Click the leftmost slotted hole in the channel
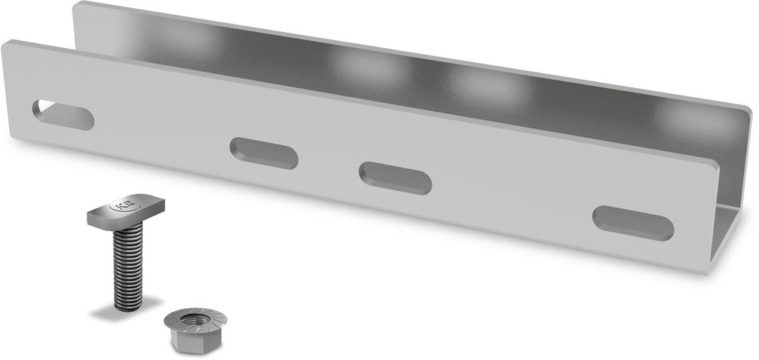[x=63, y=115]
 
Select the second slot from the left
[x=264, y=153]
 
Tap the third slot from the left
[x=395, y=178]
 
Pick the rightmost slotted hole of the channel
[x=633, y=222]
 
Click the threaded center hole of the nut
[x=195, y=320]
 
